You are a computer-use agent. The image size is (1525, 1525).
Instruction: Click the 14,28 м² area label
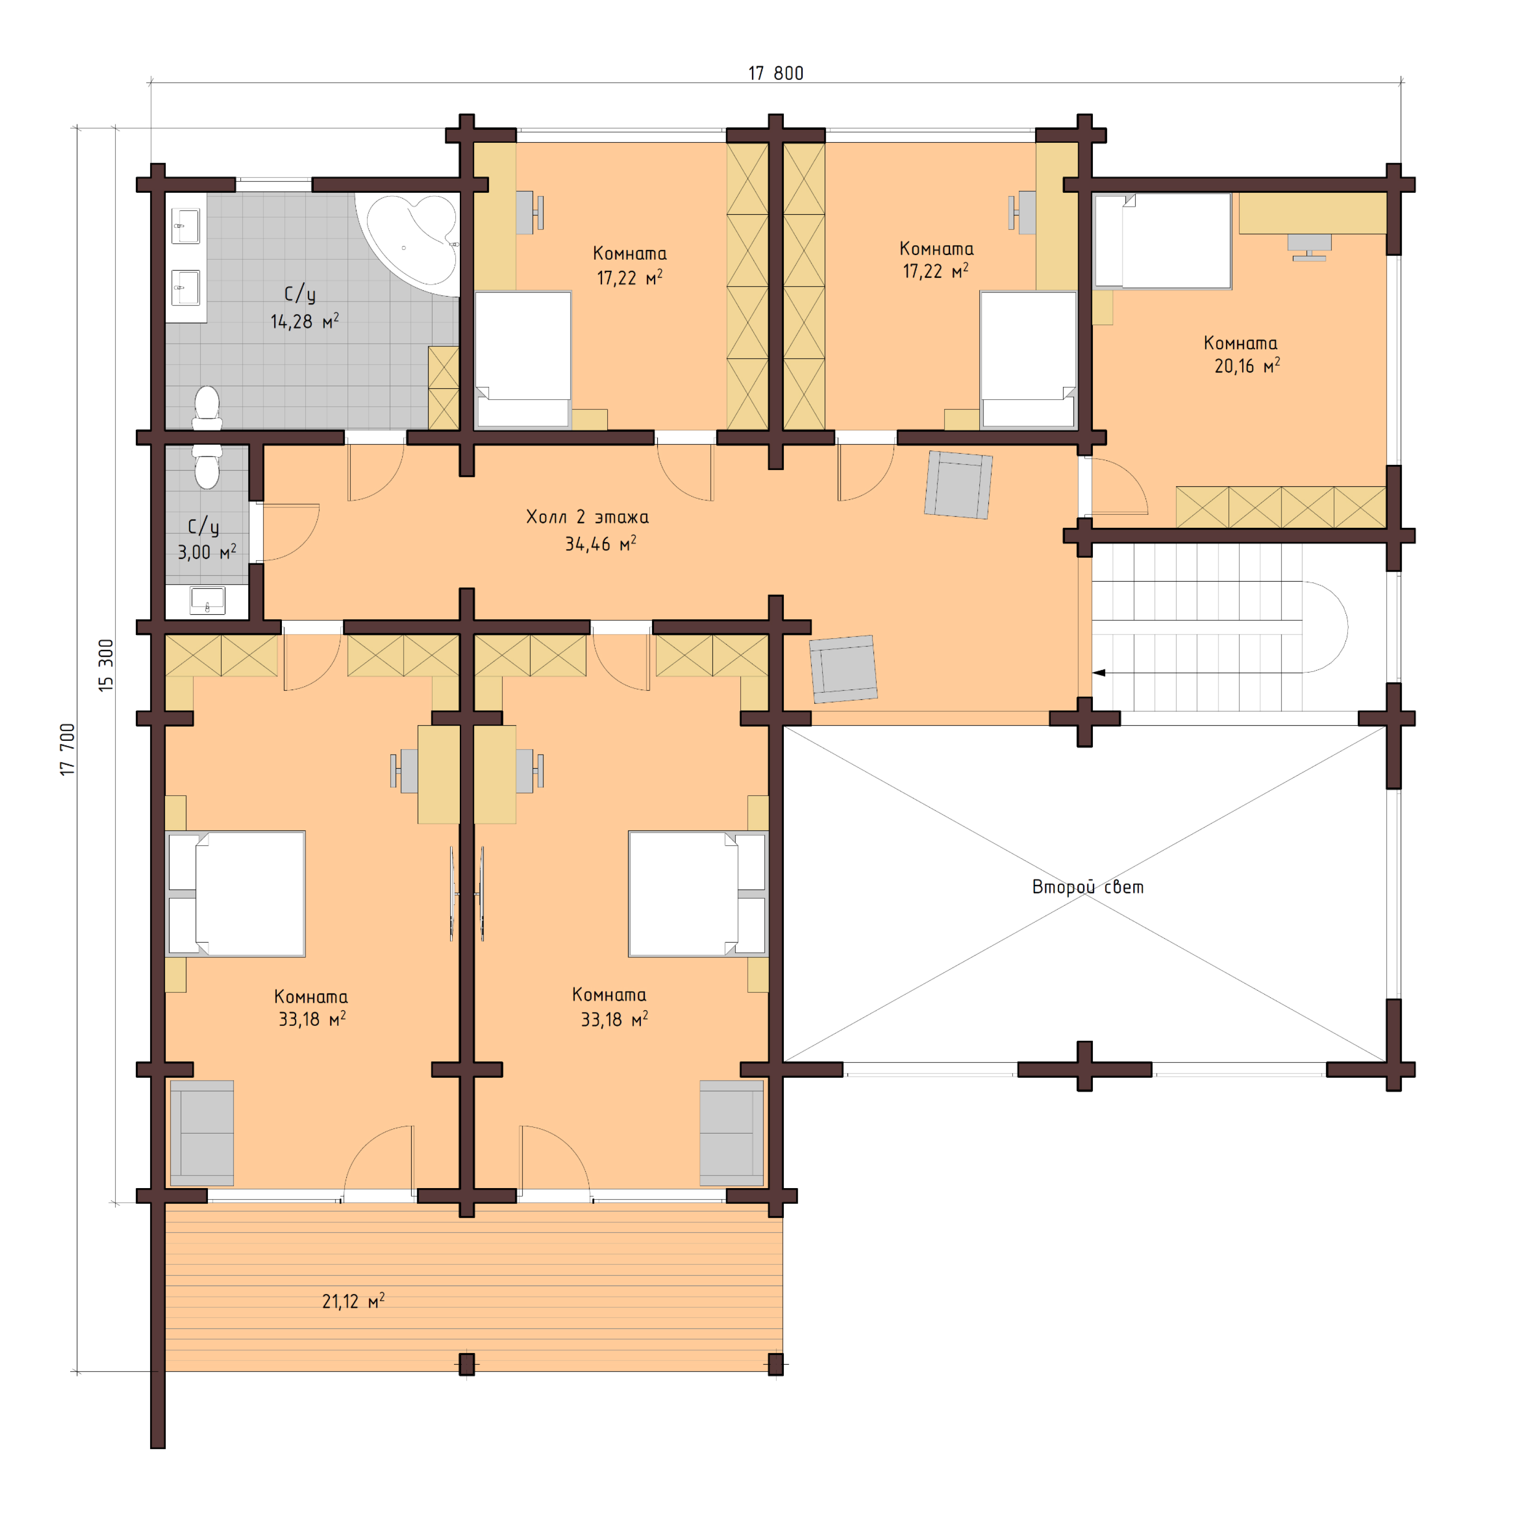pos(305,321)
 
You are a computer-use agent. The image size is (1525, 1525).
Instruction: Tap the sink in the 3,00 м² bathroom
pos(207,601)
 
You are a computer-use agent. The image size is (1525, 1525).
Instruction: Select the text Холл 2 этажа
pos(587,517)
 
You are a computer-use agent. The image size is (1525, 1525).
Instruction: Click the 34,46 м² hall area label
pos(600,544)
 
